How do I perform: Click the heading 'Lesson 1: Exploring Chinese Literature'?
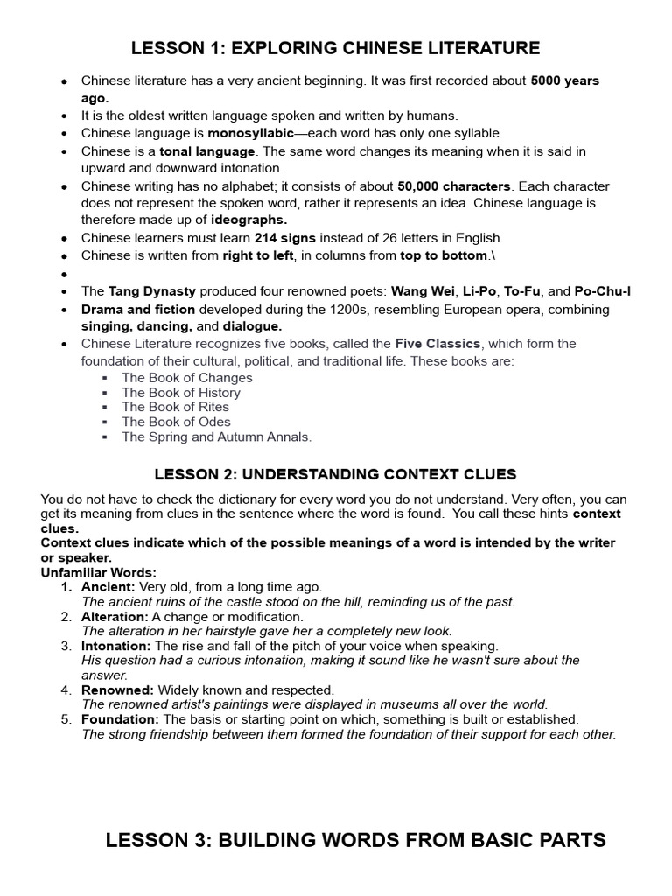click(335, 48)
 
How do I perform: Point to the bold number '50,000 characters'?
click(453, 186)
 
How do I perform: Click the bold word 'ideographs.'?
click(248, 220)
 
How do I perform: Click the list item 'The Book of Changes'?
click(187, 378)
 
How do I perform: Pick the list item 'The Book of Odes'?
click(176, 422)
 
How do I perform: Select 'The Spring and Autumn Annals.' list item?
click(216, 437)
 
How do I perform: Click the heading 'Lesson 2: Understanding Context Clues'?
click(335, 475)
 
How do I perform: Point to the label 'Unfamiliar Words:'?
click(98, 573)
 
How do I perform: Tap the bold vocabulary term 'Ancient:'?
click(108, 587)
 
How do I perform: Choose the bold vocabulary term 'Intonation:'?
click(116, 646)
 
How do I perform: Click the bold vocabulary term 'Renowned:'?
click(117, 690)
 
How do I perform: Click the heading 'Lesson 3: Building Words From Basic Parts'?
click(355, 841)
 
